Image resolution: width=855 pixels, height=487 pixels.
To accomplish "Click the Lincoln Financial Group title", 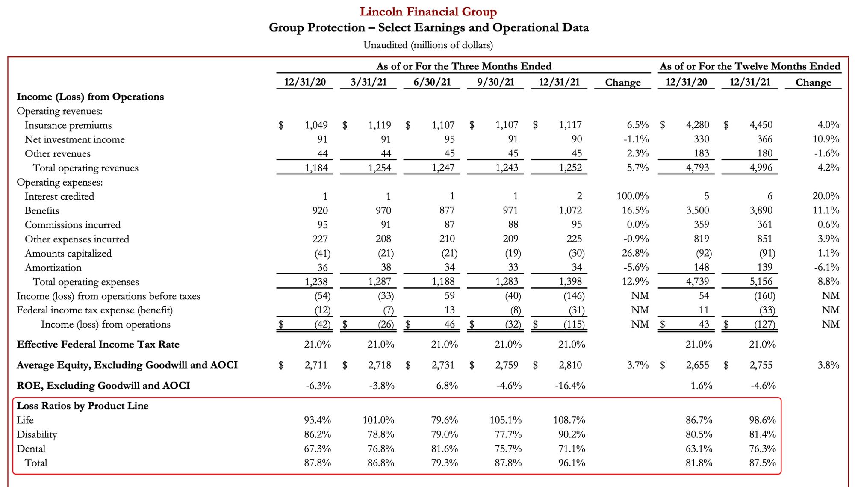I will point(428,12).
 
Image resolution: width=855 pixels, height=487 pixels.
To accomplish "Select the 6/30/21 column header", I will point(432,82).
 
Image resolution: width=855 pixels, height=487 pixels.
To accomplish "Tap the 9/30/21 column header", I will point(495,82).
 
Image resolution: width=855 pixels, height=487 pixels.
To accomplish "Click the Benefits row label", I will point(42,210).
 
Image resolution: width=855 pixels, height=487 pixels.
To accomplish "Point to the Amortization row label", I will point(53,268).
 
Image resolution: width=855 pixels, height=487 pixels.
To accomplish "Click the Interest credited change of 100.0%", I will point(632,196).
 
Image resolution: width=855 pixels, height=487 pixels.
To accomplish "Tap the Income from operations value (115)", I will point(574,325).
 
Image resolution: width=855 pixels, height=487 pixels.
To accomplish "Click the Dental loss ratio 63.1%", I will point(699,449).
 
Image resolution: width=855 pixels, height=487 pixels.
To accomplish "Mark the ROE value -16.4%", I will point(570,386).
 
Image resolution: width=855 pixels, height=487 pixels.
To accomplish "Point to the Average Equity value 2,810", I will point(570,365).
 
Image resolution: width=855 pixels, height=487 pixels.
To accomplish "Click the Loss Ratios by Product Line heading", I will point(83,406).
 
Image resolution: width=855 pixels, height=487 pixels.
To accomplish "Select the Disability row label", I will point(37,434).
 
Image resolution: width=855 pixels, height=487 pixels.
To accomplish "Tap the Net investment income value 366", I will point(764,139).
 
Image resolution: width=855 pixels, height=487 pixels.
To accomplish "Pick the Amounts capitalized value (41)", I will point(322,253).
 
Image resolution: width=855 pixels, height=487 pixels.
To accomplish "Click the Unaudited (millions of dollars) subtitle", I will point(428,45).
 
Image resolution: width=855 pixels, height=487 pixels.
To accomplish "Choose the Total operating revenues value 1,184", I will point(316,168).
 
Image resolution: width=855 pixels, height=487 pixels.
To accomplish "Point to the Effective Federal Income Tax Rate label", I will point(98,345).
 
